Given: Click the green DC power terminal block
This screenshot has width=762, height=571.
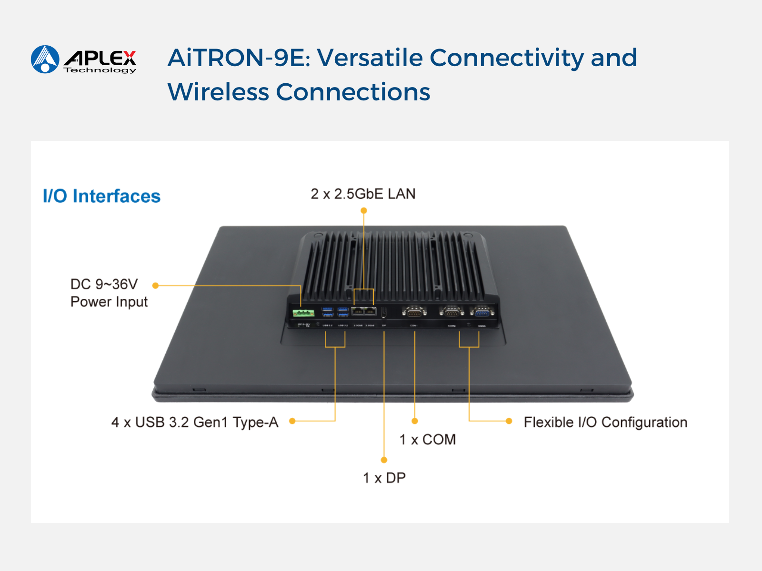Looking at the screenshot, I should click(x=303, y=313).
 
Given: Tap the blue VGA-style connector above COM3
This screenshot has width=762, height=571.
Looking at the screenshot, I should click(x=482, y=312).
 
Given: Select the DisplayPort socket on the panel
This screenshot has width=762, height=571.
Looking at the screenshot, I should click(x=384, y=312).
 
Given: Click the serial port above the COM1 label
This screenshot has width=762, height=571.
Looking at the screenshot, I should click(x=414, y=312).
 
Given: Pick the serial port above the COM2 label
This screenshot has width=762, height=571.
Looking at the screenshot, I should click(x=451, y=312).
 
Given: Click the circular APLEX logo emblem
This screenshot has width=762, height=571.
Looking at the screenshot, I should click(x=45, y=59).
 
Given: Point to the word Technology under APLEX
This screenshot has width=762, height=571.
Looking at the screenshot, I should click(x=100, y=70).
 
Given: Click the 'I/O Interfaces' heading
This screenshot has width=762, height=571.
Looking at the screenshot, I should click(x=101, y=196).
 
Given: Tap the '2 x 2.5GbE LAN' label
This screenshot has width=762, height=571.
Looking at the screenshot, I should click(x=363, y=194).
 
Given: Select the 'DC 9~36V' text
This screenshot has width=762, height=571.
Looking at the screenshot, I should click(x=104, y=285).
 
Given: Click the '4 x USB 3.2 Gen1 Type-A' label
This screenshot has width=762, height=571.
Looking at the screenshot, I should click(x=194, y=422).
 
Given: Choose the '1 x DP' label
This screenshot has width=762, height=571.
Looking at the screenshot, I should click(x=384, y=478).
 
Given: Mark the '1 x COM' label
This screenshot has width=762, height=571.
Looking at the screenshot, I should click(x=427, y=440).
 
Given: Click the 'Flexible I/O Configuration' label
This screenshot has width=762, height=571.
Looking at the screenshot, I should click(x=605, y=422).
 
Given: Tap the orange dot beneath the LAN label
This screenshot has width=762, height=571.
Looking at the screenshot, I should click(x=364, y=210).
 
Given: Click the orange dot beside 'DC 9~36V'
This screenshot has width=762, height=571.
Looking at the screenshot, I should click(x=155, y=285).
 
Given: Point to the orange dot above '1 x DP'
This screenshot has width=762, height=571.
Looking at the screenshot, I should click(x=384, y=460).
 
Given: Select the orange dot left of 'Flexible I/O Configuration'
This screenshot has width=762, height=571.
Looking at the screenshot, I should click(x=509, y=421).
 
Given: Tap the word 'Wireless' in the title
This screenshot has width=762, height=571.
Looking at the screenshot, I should click(x=218, y=92).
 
